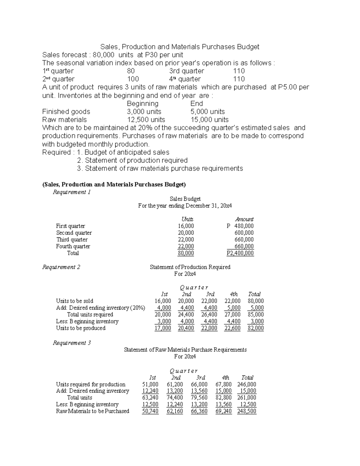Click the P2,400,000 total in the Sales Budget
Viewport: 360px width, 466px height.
click(x=240, y=253)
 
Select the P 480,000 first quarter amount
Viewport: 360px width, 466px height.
click(x=240, y=226)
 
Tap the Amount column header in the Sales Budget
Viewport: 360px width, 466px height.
click(x=244, y=219)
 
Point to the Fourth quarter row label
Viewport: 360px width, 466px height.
click(x=73, y=246)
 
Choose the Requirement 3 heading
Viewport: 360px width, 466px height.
click(x=72, y=343)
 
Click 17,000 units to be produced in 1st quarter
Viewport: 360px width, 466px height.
click(x=163, y=328)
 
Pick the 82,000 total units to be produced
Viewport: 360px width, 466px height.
click(x=256, y=328)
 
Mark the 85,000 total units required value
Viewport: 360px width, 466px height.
click(x=256, y=314)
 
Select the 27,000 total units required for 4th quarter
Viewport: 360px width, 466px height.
click(x=232, y=314)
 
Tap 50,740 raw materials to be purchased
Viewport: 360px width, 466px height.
click(x=150, y=411)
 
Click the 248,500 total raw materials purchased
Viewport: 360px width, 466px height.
click(x=247, y=411)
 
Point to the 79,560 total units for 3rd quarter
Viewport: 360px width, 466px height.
click(x=199, y=398)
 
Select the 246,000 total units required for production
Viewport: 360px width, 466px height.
click(x=247, y=384)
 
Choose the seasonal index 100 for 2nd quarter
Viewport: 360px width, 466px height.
click(x=133, y=79)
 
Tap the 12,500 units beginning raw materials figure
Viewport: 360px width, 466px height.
click(x=146, y=120)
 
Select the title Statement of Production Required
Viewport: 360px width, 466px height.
click(x=190, y=267)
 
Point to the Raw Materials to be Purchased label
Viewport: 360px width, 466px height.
click(x=92, y=411)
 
